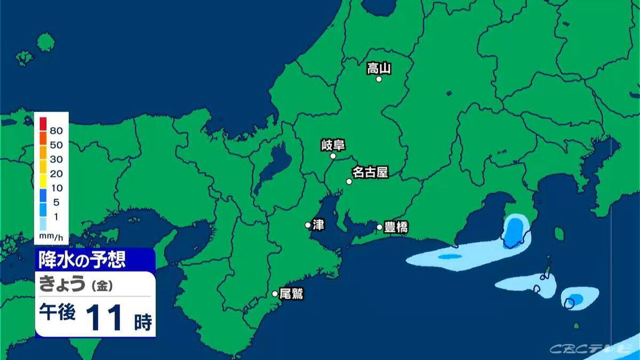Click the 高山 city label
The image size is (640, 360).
(x=379, y=68)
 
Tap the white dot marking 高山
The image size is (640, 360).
(x=379, y=79)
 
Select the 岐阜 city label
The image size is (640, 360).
(x=333, y=145)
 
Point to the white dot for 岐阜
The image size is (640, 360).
(x=333, y=156)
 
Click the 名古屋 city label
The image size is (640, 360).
(x=370, y=172)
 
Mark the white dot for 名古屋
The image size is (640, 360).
(x=349, y=181)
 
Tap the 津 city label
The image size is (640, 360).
(x=318, y=225)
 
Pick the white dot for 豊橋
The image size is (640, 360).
(x=380, y=227)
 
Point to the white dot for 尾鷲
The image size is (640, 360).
(x=275, y=293)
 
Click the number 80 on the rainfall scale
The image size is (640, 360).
(x=57, y=130)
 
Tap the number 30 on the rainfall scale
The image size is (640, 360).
(x=57, y=159)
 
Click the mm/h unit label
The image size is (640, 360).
(x=52, y=235)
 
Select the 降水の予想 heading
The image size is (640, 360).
(x=82, y=260)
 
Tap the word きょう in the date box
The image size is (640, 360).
(x=62, y=285)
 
